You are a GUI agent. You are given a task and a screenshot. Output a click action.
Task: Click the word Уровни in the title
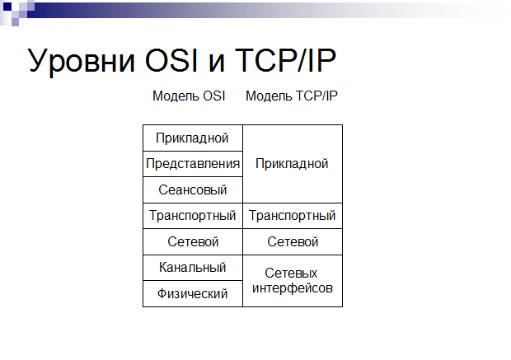click(81, 61)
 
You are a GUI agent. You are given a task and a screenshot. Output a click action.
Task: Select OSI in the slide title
click(171, 60)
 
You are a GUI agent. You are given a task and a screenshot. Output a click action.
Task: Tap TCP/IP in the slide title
click(285, 60)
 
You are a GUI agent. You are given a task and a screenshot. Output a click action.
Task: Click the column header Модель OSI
click(189, 96)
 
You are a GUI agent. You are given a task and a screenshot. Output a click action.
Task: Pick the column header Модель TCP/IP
click(291, 96)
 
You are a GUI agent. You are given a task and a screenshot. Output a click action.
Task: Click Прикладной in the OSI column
click(192, 138)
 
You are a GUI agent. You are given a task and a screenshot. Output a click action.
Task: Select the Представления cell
click(193, 164)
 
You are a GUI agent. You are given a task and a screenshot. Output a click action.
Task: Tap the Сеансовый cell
click(193, 190)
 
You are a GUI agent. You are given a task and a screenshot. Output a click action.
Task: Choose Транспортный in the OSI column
click(193, 216)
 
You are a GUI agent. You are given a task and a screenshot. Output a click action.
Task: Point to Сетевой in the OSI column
click(193, 241)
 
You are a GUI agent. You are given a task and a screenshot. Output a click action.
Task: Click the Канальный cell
click(193, 268)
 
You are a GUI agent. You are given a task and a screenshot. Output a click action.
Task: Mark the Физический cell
click(193, 293)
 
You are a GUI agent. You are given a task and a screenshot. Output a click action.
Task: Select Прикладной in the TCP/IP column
click(292, 164)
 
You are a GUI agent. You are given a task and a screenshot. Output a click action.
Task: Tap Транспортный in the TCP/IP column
click(293, 216)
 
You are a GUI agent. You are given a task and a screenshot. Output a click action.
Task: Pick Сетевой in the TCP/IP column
click(293, 241)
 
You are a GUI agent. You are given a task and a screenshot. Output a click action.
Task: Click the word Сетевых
click(291, 273)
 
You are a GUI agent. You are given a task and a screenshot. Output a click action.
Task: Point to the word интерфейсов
click(293, 288)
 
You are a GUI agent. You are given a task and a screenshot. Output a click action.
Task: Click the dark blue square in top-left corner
click(7, 7)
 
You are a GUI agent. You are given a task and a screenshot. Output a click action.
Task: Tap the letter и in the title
click(217, 63)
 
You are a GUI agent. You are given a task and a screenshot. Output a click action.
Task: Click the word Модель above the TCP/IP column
click(269, 96)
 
